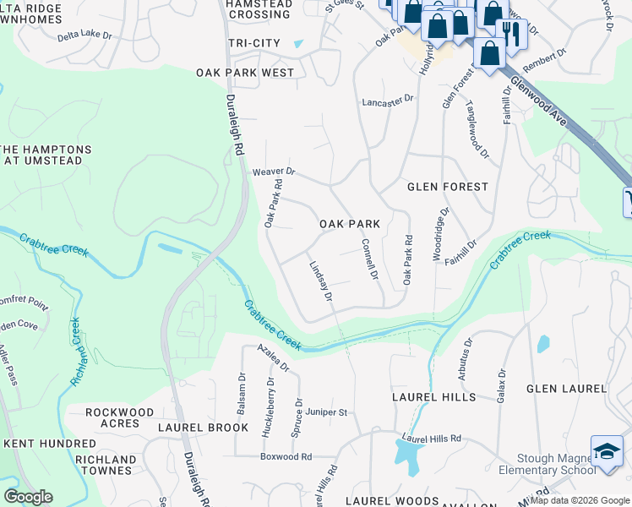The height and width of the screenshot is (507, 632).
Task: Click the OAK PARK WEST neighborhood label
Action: (x=245, y=73)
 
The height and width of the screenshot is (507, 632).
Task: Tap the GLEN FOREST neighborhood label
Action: (x=448, y=186)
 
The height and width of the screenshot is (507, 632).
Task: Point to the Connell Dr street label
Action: (x=369, y=259)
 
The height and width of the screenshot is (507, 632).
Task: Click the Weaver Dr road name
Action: (x=273, y=172)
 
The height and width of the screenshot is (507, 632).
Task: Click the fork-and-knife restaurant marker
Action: (x=511, y=34)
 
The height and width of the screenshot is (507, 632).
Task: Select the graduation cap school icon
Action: (x=607, y=450)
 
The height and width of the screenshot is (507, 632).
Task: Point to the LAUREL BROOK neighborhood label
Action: (x=204, y=428)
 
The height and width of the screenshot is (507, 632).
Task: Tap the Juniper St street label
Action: (x=327, y=412)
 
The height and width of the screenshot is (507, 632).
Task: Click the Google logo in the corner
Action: (x=28, y=497)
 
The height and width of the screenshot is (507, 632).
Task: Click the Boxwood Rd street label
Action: (x=286, y=456)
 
